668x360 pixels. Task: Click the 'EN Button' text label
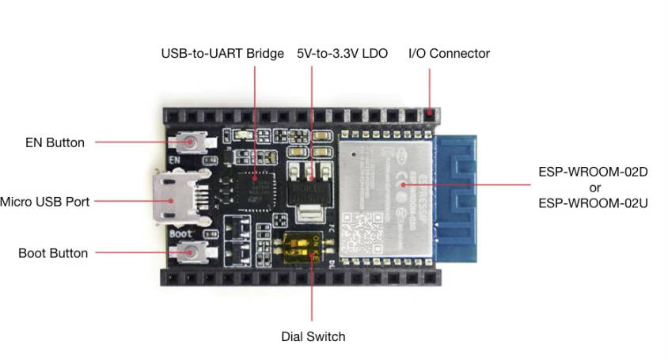click(54, 143)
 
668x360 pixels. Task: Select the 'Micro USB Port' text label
click(44, 202)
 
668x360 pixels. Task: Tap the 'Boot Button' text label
click(53, 253)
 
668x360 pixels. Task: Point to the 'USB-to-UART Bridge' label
click(222, 54)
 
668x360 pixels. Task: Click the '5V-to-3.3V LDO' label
click(342, 54)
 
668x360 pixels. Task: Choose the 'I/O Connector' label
click(449, 54)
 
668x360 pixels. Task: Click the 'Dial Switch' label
click(313, 336)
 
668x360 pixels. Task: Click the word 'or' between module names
click(594, 188)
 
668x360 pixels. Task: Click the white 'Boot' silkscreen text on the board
click(180, 235)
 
